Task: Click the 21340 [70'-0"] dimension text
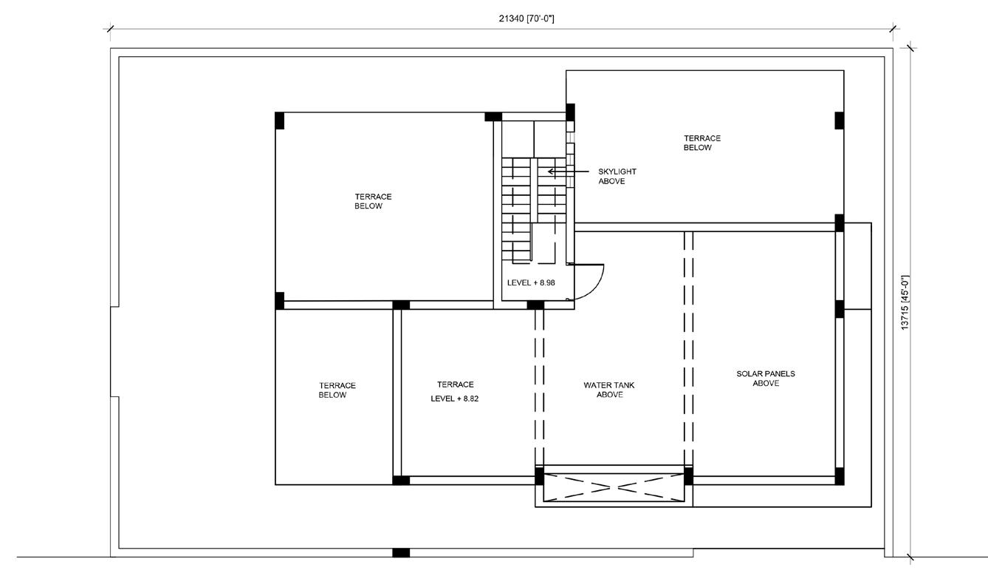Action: click(526, 18)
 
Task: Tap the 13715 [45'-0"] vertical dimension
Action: click(905, 302)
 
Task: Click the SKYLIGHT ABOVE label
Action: click(617, 176)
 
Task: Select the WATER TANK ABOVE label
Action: click(609, 390)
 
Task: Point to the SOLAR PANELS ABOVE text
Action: click(766, 379)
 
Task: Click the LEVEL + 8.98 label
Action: click(531, 283)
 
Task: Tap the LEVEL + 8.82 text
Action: click(455, 399)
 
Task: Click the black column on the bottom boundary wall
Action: click(400, 552)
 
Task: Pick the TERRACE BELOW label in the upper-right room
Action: click(701, 143)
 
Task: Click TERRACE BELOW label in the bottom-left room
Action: click(337, 390)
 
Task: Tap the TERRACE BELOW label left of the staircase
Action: click(373, 201)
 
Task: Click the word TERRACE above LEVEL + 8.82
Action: click(455, 384)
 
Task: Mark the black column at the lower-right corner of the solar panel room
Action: click(839, 476)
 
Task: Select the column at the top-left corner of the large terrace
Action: click(279, 121)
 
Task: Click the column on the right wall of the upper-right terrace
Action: click(839, 120)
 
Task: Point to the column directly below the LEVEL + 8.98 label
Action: click(535, 305)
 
